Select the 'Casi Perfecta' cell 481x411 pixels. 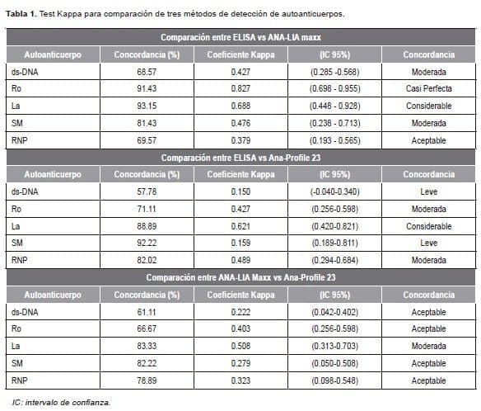(x=428, y=88)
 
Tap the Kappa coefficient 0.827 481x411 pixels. (x=240, y=88)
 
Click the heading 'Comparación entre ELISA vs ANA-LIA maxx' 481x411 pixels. (x=240, y=38)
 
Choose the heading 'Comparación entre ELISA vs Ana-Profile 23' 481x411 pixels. (x=240, y=158)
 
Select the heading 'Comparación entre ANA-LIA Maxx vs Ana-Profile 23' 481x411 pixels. (x=240, y=278)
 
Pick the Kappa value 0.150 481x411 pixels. (x=240, y=191)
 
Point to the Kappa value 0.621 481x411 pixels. (x=240, y=225)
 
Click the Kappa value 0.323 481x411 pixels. (x=240, y=380)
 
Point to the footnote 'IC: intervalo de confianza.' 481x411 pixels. (x=60, y=403)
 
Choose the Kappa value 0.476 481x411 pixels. (x=240, y=122)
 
